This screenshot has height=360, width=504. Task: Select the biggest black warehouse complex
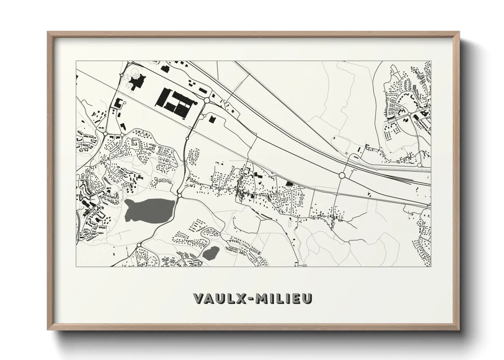coord(174,100)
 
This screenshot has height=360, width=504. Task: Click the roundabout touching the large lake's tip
coord(179,195)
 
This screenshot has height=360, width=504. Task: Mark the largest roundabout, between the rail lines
coord(342,175)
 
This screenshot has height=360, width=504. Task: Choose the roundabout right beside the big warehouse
coord(207,100)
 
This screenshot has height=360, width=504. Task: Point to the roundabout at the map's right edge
coord(420,165)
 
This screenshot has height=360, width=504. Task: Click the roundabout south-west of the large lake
coord(139,245)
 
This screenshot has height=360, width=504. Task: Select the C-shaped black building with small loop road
coord(118,103)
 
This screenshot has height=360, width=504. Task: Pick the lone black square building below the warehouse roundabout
coord(212,119)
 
